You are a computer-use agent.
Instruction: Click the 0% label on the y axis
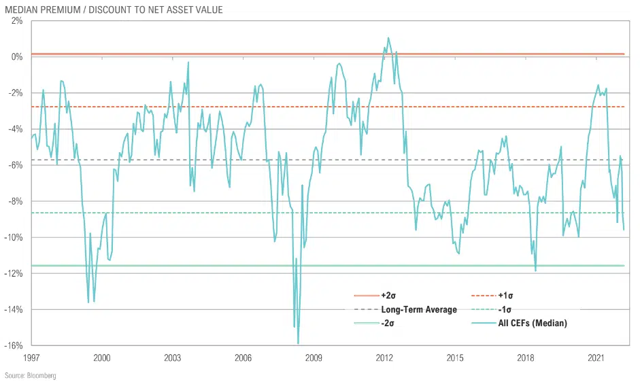(x=17, y=57)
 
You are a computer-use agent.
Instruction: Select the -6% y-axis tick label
(x=16, y=165)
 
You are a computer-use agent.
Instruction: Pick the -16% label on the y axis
(x=14, y=345)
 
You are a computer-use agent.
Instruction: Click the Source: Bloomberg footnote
(x=30, y=375)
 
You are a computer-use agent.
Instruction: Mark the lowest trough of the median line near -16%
(x=299, y=344)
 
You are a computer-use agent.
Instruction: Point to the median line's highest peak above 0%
(x=388, y=38)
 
